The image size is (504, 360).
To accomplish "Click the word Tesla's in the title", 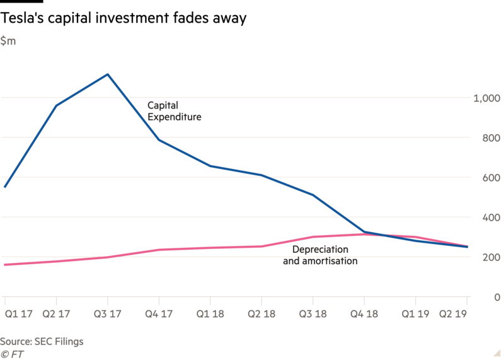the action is coord(22,18).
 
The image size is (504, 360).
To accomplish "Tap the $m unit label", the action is coord(8,41).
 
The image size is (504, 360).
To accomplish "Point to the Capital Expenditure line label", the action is coord(175,111).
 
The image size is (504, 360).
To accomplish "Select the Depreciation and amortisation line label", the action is coord(320,255).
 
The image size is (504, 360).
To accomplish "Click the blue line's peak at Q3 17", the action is coord(108,74).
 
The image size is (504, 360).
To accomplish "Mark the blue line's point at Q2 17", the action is coord(56,105).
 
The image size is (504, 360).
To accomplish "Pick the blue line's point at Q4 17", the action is coord(159,139).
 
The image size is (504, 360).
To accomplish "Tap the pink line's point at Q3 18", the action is coord(312,237).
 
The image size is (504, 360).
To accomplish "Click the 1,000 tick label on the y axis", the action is coord(486,98).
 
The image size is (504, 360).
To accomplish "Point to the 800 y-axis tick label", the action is coord(491,137).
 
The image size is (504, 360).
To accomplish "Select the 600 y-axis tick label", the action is coord(491,178).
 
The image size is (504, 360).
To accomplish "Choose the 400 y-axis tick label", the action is coord(491,218).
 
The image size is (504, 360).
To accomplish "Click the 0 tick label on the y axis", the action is coord(497,297).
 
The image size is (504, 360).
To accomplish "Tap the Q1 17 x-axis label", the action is coord(19,314).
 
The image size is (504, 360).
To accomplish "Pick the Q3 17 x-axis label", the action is coord(107,314).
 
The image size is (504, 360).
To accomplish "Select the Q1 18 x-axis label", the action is coord(210,314).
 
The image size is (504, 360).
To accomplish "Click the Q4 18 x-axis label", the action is coord(364,314).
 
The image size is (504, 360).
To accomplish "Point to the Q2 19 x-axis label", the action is coord(452,314).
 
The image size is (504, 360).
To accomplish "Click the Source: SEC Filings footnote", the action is coord(42,342).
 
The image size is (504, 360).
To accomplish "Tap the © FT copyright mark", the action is coord(12,354).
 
